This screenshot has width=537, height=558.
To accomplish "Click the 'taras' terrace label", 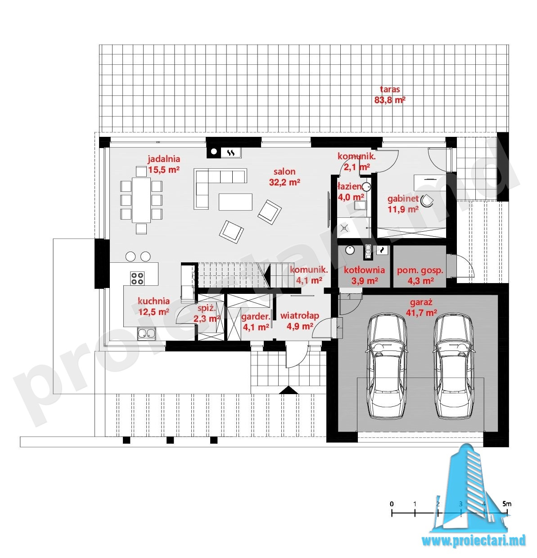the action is coord(389,89).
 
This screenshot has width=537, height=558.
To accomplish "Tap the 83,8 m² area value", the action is coord(389,100).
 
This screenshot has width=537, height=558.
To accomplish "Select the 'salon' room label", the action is coord(284,171).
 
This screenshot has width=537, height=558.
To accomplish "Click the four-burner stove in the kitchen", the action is coord(137,278).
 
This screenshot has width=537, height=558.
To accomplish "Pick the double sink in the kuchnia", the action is coord(146,334).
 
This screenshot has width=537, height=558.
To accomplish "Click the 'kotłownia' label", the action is coord(364,270).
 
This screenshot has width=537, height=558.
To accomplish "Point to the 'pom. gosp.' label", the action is coord(420,270).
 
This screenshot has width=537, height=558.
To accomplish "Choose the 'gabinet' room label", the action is coord(403,198).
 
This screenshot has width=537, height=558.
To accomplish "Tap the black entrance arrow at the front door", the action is coord(289,390).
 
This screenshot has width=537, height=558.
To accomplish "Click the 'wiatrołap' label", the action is coord(300,316).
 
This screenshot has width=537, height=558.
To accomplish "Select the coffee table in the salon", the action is coord(235,202).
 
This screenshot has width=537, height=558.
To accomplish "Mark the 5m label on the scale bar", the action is coord(507,504).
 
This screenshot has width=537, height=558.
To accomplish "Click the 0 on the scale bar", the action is coord(392,504).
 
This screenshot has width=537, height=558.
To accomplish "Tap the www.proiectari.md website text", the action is coord(474,540).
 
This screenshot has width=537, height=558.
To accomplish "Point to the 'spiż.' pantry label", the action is coord(207,309).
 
